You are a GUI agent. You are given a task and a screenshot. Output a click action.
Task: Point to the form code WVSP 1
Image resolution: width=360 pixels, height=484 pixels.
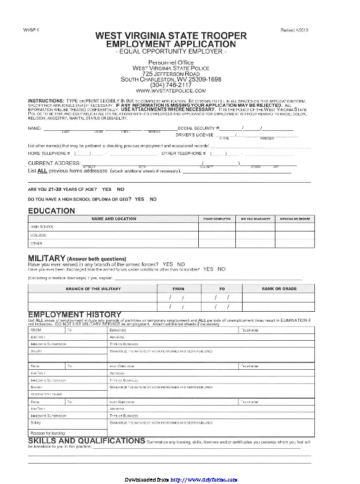coord(31,30)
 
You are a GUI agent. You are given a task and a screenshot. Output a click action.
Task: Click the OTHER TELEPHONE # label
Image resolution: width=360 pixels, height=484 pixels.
coord(183,152)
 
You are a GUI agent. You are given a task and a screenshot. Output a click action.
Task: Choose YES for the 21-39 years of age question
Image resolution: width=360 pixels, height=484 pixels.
coord(107,188)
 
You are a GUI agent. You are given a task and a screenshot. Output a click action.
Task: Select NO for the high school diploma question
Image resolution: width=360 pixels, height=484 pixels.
coord(153,199)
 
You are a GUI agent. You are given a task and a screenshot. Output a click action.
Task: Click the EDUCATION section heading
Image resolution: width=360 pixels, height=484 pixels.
coord(52,211)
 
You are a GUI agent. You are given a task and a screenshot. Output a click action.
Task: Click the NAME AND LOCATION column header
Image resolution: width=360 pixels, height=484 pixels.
coord(114,219)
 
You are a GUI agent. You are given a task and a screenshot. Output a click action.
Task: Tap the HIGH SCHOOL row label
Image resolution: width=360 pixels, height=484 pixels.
coord(42,227)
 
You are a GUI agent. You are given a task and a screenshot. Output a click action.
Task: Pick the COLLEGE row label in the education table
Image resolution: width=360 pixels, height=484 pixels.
coord(39,235)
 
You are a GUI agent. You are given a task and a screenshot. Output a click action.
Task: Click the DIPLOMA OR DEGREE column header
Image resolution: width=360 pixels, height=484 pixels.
coord(295,219)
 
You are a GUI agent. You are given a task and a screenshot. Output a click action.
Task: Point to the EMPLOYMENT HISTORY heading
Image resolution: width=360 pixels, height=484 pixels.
coord(75,315)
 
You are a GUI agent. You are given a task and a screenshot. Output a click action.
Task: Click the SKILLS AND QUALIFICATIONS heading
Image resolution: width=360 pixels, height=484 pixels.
coord(87,441)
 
